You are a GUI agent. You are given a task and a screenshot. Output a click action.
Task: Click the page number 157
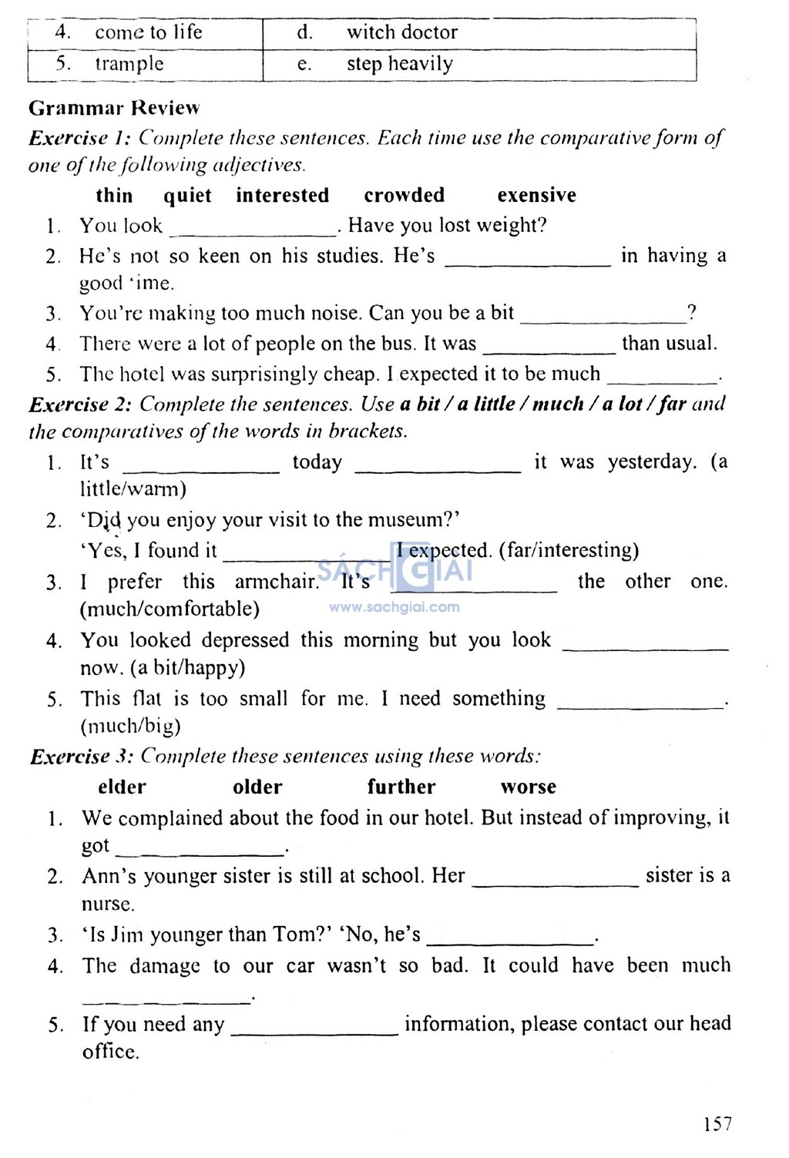717,1124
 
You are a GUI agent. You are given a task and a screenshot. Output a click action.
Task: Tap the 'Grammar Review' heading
114,108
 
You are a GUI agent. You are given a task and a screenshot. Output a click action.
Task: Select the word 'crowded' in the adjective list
404,195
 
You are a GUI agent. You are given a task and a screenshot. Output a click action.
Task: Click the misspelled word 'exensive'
536,195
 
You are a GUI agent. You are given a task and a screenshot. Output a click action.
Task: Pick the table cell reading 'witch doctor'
401,32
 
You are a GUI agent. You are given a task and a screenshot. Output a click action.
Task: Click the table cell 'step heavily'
399,64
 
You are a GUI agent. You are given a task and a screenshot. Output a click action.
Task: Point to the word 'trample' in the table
129,64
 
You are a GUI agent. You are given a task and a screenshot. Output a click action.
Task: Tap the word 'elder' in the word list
122,787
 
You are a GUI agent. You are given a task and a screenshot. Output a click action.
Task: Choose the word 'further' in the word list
401,787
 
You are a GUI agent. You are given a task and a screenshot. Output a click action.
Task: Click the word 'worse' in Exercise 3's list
528,787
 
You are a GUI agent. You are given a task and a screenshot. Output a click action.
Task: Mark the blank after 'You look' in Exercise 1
253,231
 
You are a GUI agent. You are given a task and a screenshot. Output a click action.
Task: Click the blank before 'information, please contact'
314,1030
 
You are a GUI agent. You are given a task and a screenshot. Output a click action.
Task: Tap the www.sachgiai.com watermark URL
394,607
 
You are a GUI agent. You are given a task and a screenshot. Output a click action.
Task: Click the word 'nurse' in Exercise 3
107,904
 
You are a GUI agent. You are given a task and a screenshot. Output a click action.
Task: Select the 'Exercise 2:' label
80,404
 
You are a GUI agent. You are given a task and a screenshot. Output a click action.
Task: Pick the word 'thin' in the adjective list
114,195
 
